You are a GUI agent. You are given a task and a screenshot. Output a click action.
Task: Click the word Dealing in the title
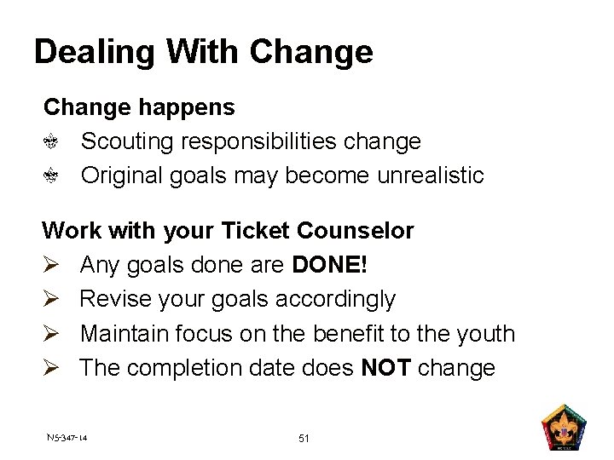94,53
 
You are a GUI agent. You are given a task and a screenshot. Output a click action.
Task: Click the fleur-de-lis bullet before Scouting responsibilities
51,142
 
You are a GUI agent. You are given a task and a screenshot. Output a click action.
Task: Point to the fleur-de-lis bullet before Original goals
51,176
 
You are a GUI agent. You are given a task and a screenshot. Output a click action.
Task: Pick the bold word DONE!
330,265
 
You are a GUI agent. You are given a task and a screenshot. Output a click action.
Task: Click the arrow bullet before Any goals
50,265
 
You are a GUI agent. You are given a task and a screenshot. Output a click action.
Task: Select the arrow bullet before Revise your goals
50,299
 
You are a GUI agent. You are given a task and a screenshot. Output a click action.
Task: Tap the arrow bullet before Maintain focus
50,333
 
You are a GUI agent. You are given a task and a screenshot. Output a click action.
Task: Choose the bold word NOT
389,368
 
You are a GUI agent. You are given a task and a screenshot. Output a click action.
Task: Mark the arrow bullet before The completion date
50,368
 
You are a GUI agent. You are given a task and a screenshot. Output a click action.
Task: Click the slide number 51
304,439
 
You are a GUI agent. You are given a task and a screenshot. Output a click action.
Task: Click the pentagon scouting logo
564,428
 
